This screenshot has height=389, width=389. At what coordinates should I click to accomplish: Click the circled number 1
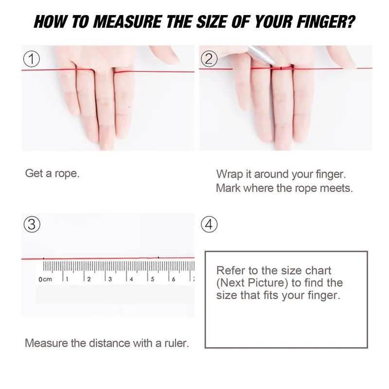coord(32,60)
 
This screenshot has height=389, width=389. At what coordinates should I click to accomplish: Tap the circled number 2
coord(209,59)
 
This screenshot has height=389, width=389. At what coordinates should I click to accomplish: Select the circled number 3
coord(32,225)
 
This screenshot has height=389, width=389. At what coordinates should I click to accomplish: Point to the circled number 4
coord(209,225)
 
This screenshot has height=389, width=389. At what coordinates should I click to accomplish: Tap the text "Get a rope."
coord(52,174)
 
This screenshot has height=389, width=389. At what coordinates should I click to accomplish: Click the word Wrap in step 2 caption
coord(229,174)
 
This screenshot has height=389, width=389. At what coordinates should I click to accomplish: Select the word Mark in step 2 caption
coord(228,188)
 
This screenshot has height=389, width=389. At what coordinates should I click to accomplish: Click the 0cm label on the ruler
coord(45,279)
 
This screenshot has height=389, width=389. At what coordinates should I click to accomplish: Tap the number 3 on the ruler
coord(110,279)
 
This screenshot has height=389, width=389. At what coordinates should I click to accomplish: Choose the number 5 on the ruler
coord(152,279)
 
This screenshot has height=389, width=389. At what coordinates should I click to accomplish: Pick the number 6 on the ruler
coord(174,279)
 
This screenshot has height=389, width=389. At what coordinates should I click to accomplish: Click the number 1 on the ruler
coord(67,279)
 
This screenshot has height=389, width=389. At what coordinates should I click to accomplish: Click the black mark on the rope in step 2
coord(282,68)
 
